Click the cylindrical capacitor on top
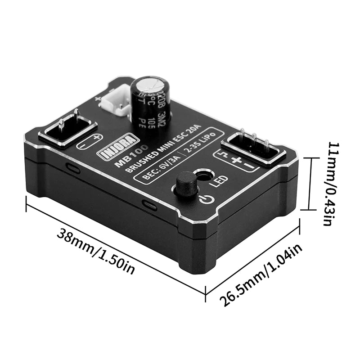click(150, 99)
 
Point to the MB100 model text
click(128, 157)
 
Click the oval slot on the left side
click(73, 169)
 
